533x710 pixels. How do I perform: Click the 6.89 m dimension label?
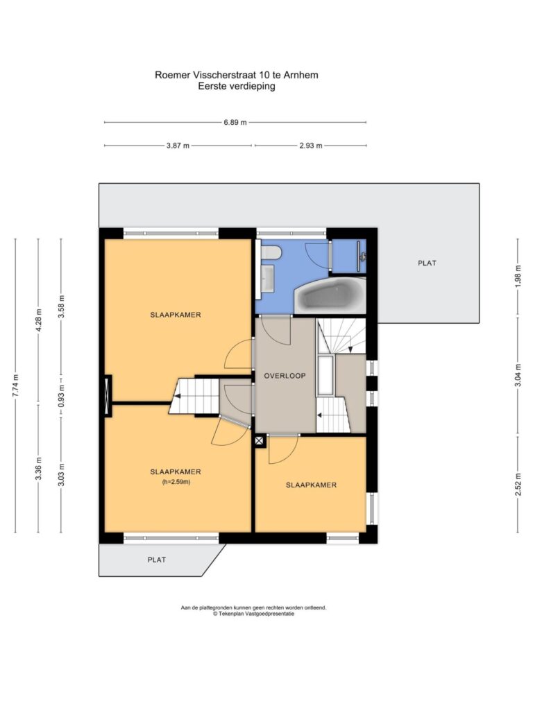click(235, 122)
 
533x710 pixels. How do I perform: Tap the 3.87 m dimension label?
click(178, 146)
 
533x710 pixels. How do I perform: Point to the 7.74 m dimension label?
click(15, 386)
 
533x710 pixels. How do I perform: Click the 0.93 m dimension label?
click(62, 396)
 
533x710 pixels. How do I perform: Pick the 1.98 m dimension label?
click(518, 275)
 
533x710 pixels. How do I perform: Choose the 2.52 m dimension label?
click(518, 484)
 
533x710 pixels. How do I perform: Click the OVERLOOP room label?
click(285, 375)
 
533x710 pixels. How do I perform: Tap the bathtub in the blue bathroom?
click(330, 295)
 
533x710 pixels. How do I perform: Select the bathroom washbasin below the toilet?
click(267, 278)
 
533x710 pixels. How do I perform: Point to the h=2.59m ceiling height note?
click(176, 482)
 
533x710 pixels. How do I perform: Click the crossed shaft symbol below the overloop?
click(260, 441)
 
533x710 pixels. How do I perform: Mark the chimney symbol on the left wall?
click(108, 396)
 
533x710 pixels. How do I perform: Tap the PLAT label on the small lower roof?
click(157, 560)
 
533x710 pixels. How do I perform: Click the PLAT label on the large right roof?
click(427, 263)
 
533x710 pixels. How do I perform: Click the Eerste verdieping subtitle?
click(237, 86)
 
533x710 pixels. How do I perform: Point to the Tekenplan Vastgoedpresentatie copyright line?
click(254, 614)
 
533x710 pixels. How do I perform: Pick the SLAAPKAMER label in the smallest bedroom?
click(311, 485)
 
